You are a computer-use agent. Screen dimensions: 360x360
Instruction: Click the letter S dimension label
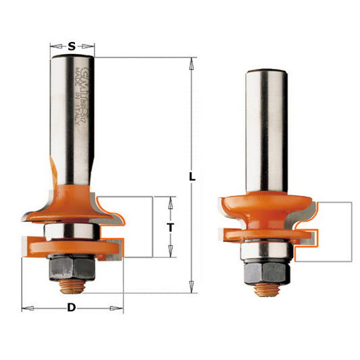pyautogui.click(x=72, y=47)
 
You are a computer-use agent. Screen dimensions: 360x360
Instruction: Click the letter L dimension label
pyautogui.click(x=192, y=177)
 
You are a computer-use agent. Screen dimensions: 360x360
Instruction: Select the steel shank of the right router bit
pyautogui.click(x=264, y=128)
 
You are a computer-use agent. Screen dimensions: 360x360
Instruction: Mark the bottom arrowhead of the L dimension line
pyautogui.click(x=192, y=286)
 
